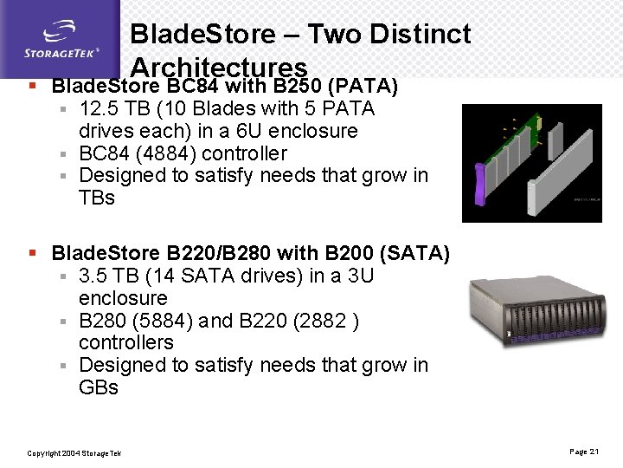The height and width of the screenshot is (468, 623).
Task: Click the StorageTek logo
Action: pos(61,39)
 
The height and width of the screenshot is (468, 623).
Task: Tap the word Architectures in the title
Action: pos(218,68)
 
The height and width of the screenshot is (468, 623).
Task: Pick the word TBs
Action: pos(97,198)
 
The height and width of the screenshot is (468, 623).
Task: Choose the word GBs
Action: pos(99,388)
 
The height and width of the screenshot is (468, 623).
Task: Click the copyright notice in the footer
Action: pos(74,453)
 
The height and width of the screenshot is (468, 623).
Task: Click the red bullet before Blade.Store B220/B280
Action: pos(31,254)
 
